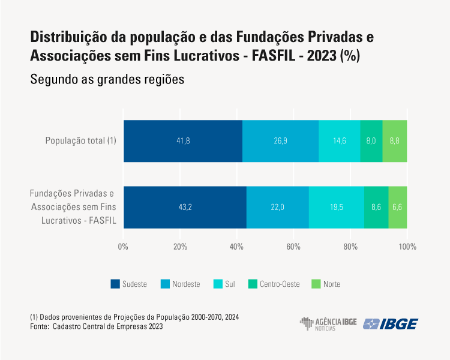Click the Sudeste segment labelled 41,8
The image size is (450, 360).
pos(183,141)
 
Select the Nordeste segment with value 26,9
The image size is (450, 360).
pos(280,141)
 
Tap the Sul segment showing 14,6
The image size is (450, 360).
pos(340,141)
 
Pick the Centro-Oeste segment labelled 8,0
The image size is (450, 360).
pos(371,141)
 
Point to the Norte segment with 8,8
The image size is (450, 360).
pos(395,141)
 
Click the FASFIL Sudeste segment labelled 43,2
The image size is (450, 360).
pos(185,207)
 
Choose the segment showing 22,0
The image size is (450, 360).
pos(278,207)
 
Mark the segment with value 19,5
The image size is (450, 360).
pos(337,207)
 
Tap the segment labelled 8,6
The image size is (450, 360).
pos(376,207)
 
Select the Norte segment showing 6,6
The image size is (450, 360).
pos(398,207)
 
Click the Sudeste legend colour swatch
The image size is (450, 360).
pos(115,284)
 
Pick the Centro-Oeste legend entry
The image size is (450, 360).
pos(276,284)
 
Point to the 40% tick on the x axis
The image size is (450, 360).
pos(237,247)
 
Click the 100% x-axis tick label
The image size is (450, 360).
pos(407,247)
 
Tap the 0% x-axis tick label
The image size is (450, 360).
pos(124,247)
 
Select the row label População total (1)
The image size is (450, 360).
pos(80,141)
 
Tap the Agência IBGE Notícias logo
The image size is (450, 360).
pos(328,324)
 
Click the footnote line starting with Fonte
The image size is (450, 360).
pos(96,327)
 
